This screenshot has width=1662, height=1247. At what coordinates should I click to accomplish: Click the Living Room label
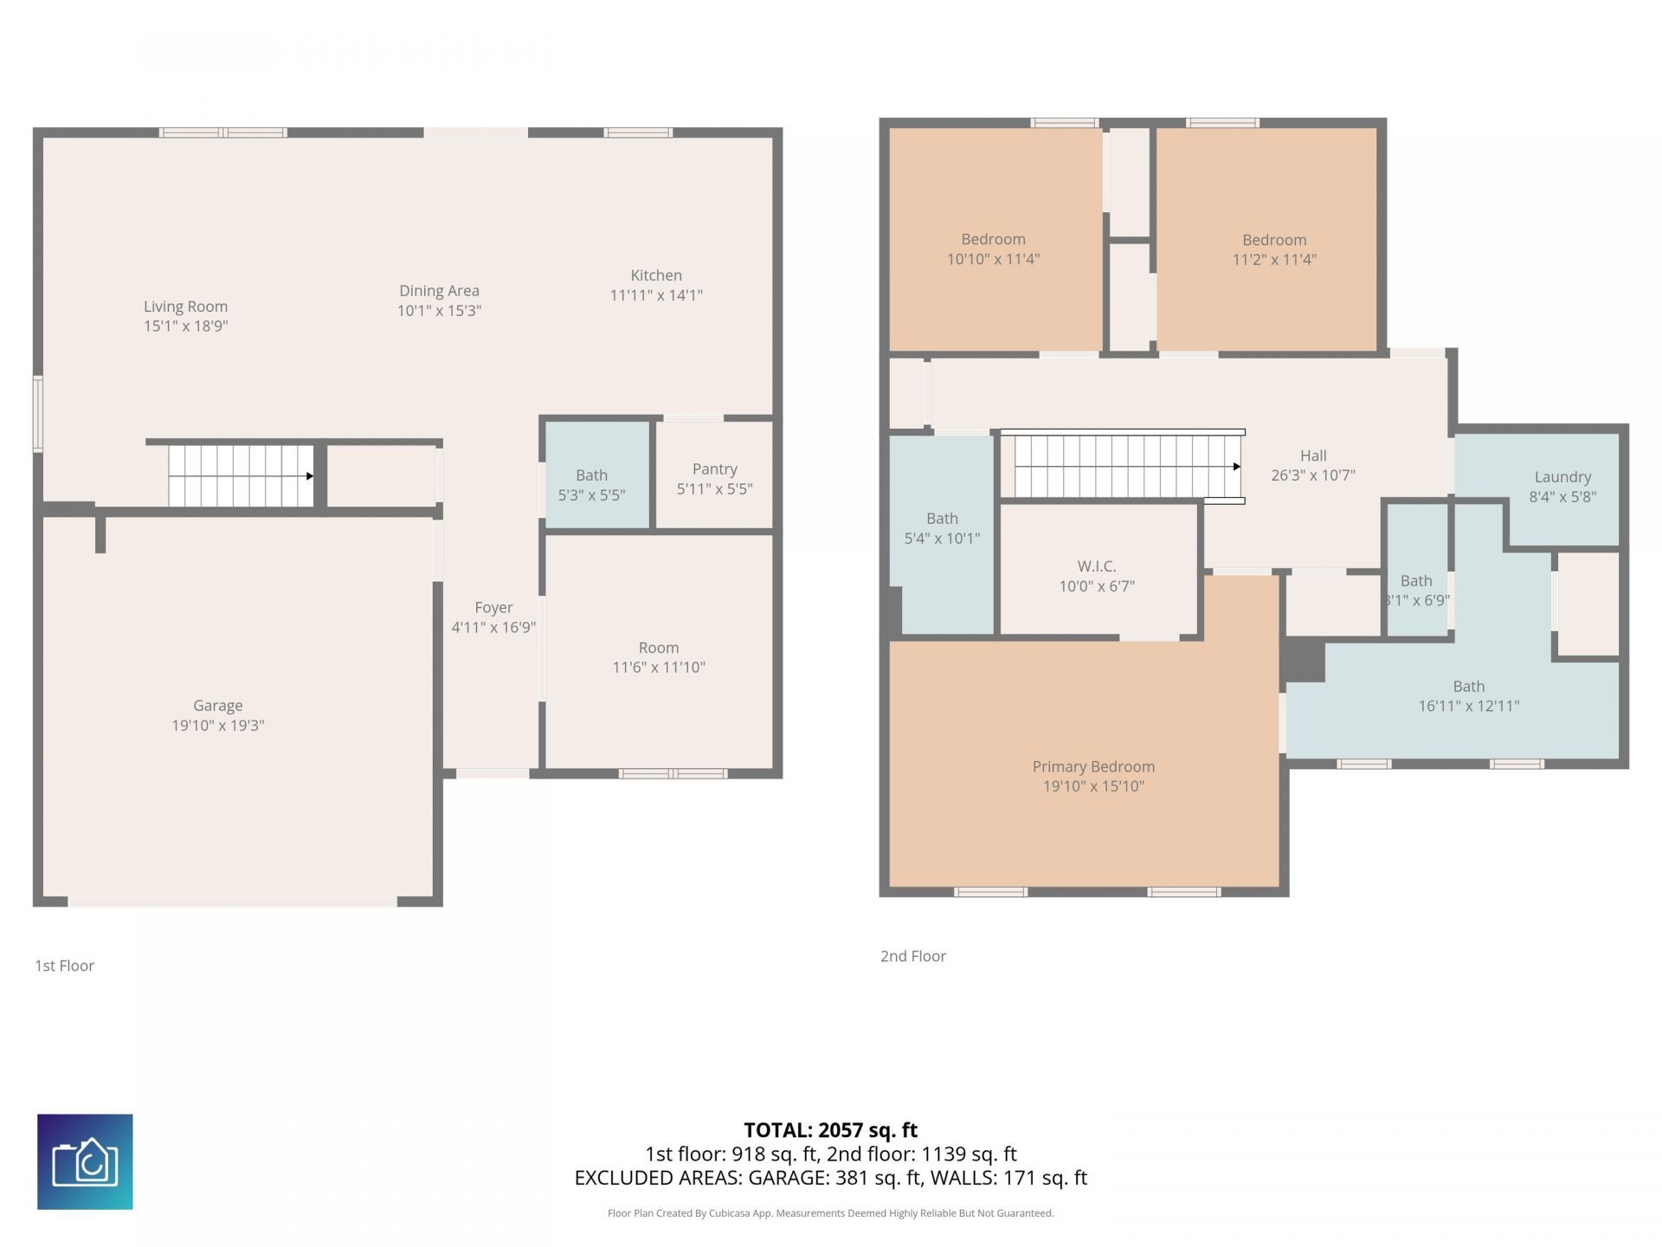coord(185,307)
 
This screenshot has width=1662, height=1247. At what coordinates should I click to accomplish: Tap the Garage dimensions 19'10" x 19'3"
coord(217,726)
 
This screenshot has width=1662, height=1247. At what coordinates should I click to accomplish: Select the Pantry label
coord(714,468)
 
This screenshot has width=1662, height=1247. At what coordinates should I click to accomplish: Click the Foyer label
coord(493,607)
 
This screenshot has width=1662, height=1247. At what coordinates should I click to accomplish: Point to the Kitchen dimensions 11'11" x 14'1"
coord(656,295)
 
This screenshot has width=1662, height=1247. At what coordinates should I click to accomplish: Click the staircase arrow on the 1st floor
coord(309,475)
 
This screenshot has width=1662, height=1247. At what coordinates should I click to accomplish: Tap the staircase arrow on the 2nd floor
coord(1236,467)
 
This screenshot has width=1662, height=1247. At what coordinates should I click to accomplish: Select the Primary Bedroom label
coord(1093,766)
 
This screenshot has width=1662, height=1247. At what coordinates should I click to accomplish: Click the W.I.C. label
coord(1096,565)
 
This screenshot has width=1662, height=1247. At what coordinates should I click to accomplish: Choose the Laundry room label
coord(1562,476)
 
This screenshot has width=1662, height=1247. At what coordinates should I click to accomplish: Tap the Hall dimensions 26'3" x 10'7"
coord(1313,475)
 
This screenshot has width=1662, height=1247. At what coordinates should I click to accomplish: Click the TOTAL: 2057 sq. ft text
coord(830,1130)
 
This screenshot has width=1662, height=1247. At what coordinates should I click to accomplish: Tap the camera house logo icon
coord(85,1161)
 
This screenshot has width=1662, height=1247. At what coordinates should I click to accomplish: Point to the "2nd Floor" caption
coord(912,956)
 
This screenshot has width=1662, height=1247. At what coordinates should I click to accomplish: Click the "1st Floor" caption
coord(64,966)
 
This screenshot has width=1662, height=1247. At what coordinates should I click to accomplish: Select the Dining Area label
coord(439,291)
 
